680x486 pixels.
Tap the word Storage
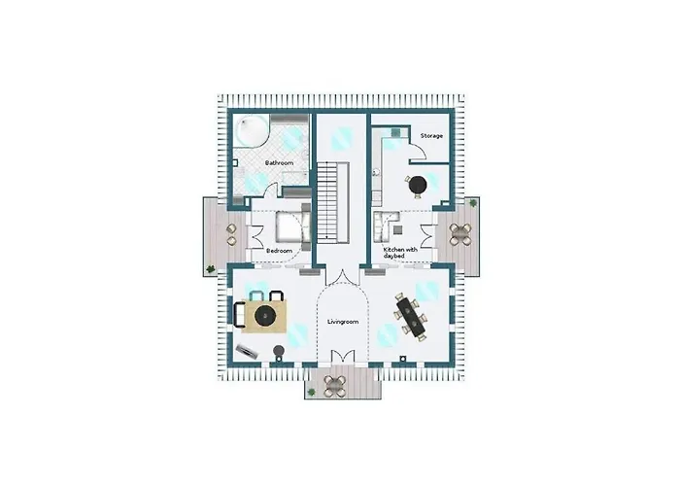tap(431, 135)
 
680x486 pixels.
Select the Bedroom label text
tap(279, 251)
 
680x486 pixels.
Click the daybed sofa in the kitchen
tap(384, 226)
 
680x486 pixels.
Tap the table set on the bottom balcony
tap(335, 383)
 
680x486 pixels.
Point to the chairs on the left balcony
tap(231, 233)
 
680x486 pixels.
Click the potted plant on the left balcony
tap(210, 269)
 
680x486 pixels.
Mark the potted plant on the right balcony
tap(473, 204)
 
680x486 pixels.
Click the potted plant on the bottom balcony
tap(313, 392)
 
